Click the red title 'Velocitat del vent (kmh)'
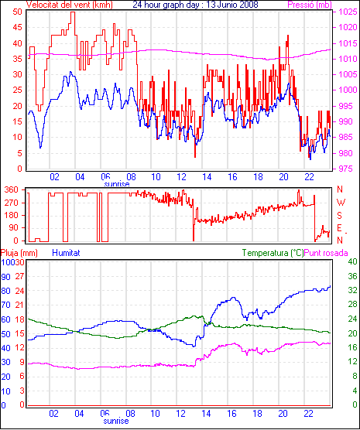coord(69,5)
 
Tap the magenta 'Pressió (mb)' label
coord(310,5)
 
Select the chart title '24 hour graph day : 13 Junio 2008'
coord(196,5)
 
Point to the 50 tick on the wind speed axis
coord(18,12)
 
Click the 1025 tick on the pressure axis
coord(348,12)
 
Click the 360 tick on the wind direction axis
coord(12,189)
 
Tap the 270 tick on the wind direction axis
coord(12,203)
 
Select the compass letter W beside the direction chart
coord(341,203)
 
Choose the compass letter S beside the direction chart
coord(339,216)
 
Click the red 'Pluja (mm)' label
coord(19,253)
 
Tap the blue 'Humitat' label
coord(66,253)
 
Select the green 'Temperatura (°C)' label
coord(273,253)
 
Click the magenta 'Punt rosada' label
coord(326,253)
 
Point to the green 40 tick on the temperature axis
coord(352,262)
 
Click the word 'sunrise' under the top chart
coord(117,184)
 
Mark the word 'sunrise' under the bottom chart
coord(116,421)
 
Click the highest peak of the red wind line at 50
coord(73,12)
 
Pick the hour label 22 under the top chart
coord(309,177)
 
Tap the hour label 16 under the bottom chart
coord(231,413)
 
